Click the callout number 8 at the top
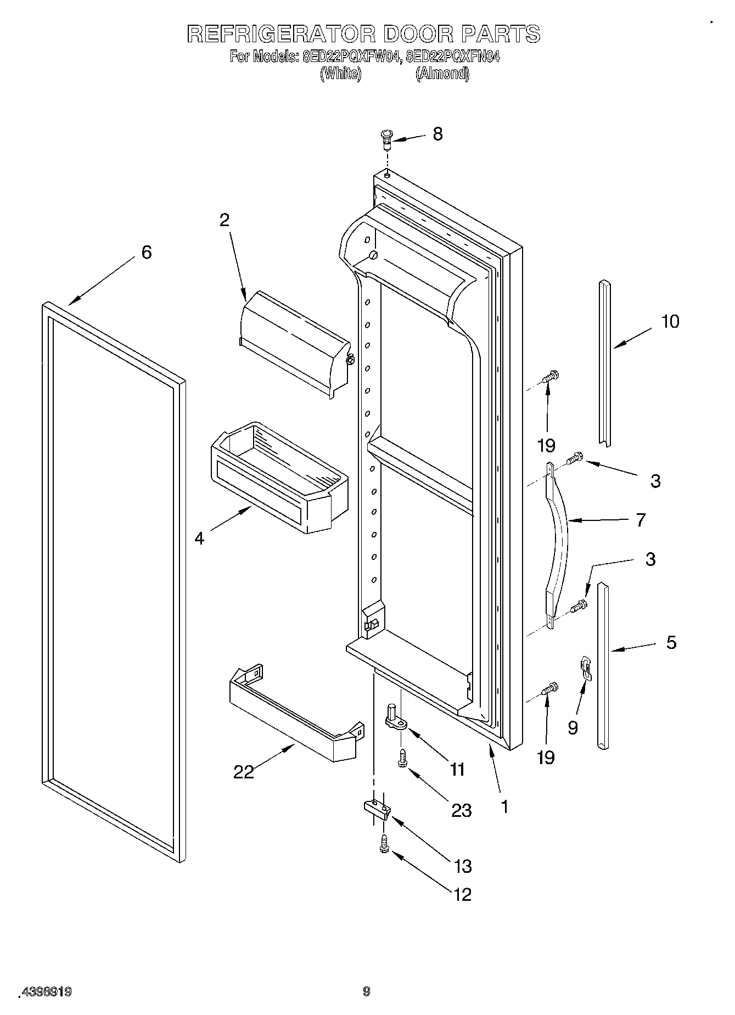437,134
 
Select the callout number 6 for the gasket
146,253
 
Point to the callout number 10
670,321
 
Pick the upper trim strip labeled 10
604,362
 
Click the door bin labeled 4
277,475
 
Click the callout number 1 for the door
504,806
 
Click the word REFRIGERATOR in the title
281,34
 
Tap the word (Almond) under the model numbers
442,74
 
